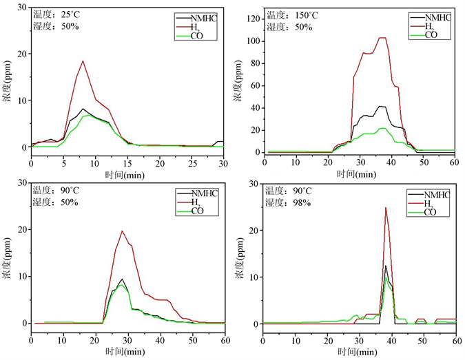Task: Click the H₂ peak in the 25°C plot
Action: pos(83,61)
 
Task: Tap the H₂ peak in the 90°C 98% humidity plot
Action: pos(386,208)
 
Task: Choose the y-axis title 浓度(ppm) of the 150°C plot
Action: pos(238,86)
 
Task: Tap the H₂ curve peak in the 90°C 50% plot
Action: pos(122,231)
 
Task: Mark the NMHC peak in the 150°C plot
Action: pos(380,106)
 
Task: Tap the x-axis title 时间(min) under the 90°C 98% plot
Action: pos(359,350)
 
